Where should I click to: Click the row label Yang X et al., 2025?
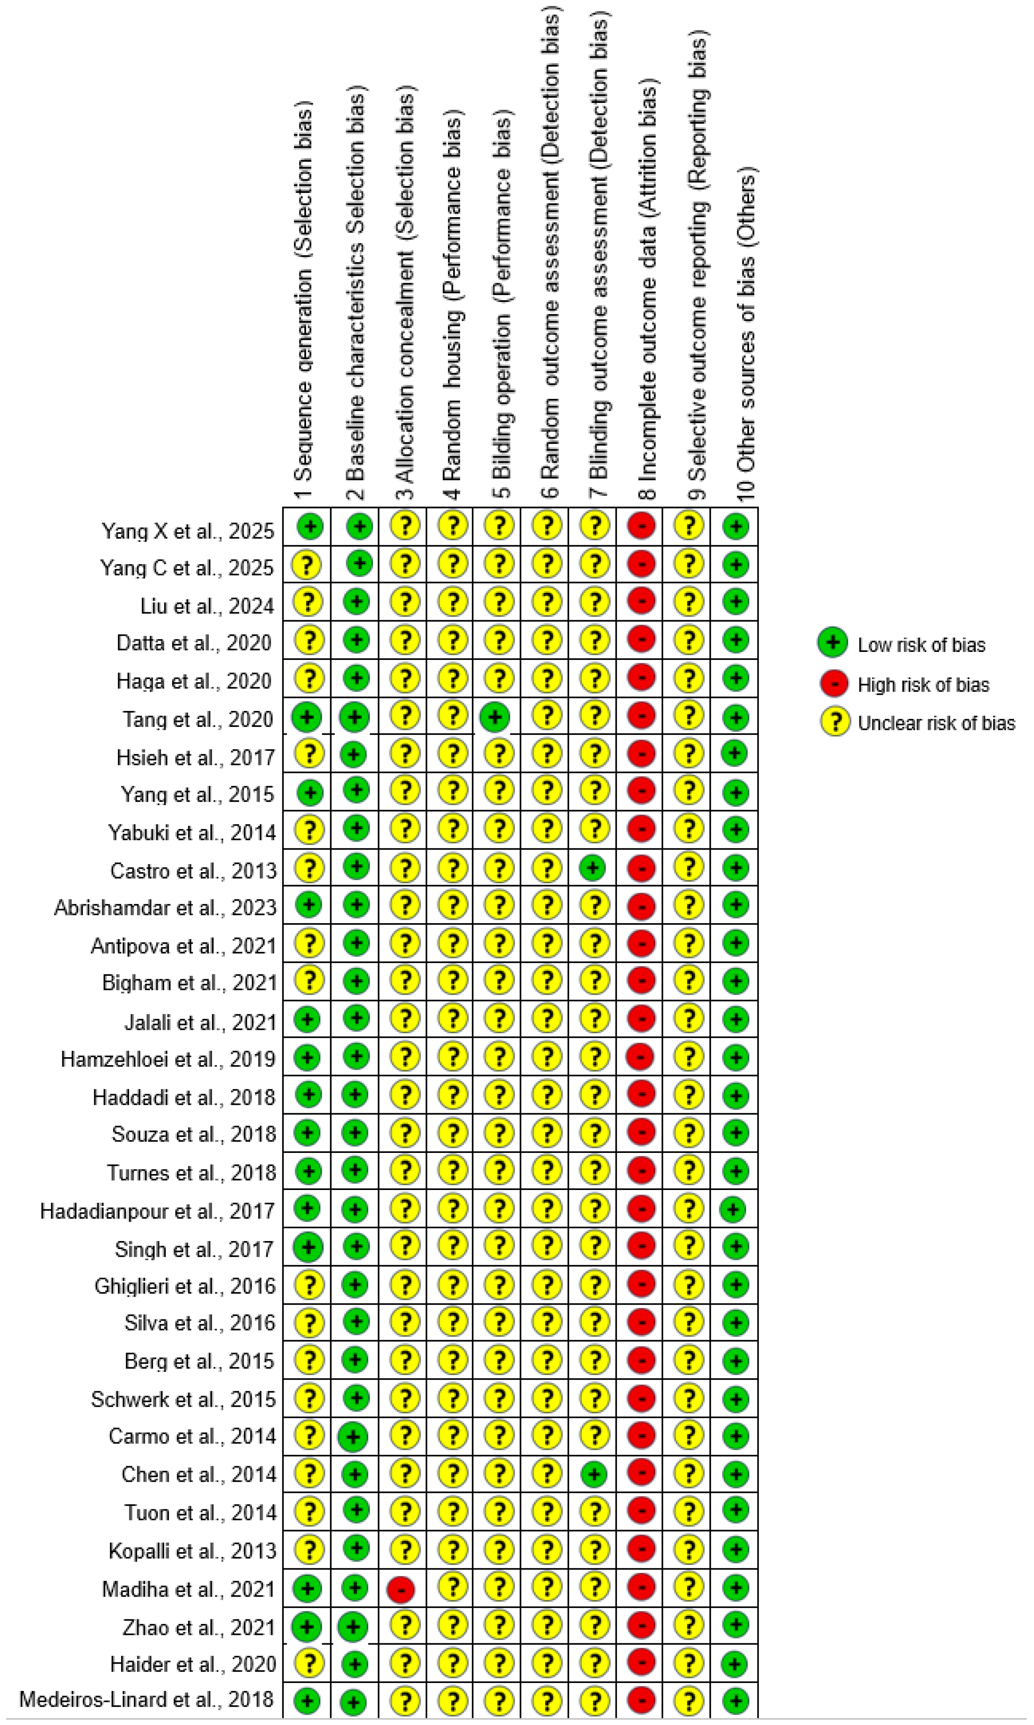pos(188,531)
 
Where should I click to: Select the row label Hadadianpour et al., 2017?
pos(157,1211)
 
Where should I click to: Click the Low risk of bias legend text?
pos(921,645)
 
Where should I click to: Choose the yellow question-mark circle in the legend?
pos(833,722)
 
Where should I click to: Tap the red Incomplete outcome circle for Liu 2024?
pos(641,600)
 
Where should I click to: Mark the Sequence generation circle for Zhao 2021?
pos(306,1627)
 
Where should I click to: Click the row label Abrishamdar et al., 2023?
pos(166,907)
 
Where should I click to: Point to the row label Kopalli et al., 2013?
pos(192,1551)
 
